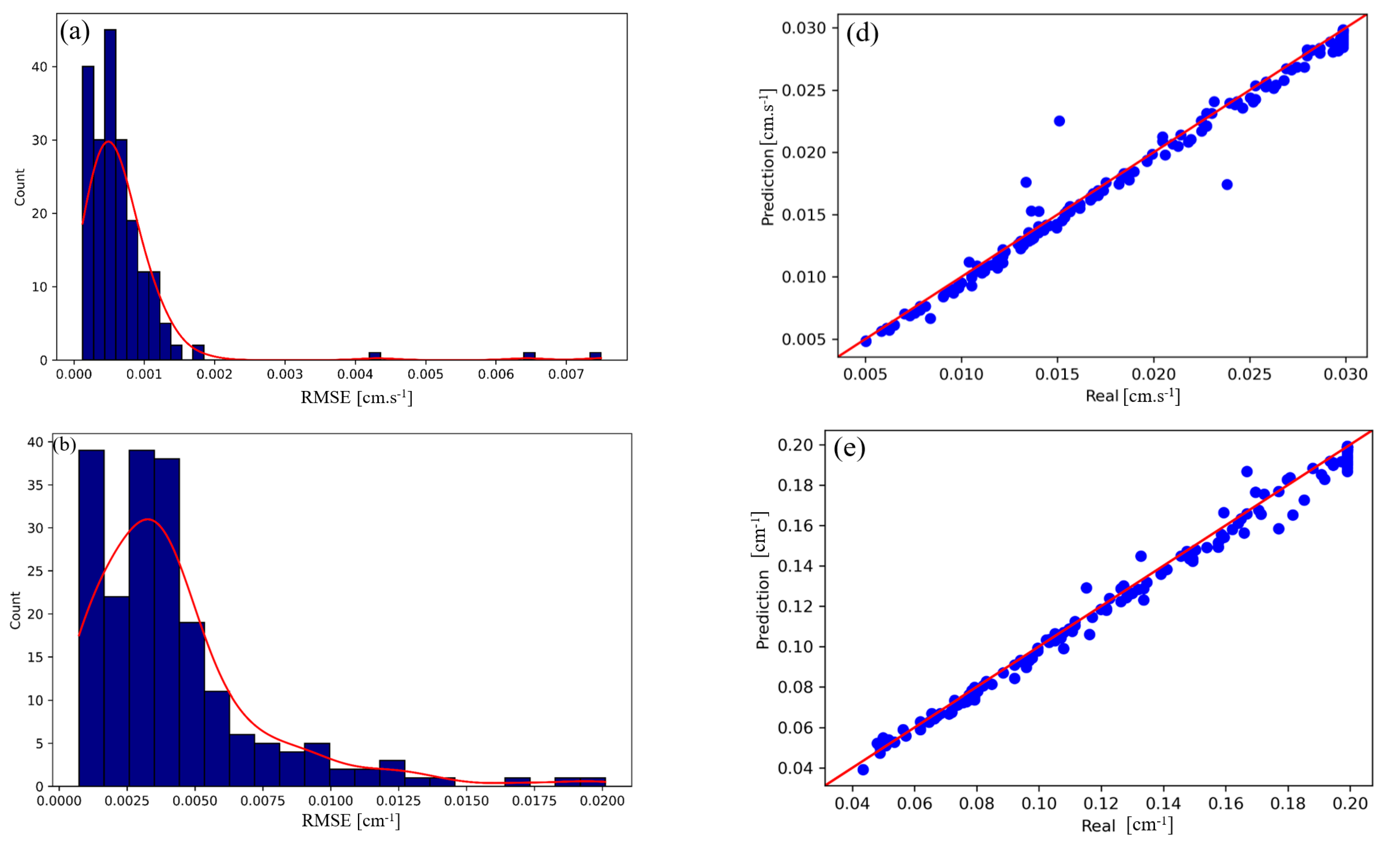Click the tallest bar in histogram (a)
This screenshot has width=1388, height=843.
[110, 194]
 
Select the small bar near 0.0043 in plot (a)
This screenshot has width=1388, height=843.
[375, 356]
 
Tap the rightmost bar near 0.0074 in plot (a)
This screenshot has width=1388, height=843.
[596, 356]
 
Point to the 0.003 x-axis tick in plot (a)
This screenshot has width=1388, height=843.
[285, 374]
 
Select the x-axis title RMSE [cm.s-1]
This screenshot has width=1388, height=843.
[356, 397]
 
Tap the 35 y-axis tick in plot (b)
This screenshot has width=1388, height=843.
[35, 485]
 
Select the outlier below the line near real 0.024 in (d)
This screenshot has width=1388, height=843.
[1227, 185]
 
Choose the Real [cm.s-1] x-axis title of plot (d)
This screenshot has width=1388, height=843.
[1132, 396]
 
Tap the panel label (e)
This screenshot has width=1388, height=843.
[849, 448]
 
